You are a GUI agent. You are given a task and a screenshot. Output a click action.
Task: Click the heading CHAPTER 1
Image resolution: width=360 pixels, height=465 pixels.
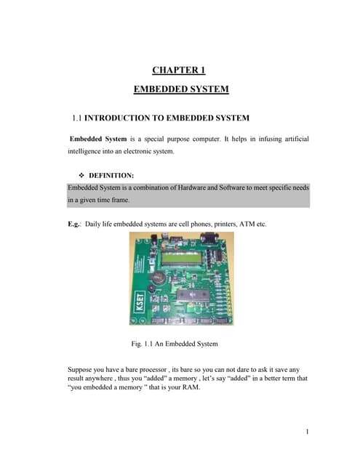179,70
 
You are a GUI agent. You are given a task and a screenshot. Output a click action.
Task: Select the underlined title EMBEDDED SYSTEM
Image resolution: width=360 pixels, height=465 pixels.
181,89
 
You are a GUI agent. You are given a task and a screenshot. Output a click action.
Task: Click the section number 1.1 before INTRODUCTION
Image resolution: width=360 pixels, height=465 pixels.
77,118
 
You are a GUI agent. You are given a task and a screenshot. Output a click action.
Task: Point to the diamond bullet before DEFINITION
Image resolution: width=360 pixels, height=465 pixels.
81,175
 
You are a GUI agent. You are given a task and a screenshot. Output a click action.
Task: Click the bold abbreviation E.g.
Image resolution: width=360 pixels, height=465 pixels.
74,225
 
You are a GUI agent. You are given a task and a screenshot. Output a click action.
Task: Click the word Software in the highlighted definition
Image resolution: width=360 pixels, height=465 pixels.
231,187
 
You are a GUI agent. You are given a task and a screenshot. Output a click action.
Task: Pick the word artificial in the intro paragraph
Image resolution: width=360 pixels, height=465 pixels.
297,139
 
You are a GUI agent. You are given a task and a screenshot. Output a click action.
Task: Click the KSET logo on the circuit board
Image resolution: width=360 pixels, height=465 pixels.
140,302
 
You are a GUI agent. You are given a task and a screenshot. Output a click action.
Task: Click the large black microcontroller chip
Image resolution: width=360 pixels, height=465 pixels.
193,296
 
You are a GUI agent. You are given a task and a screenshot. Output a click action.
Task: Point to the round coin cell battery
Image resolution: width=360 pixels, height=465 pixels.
156,278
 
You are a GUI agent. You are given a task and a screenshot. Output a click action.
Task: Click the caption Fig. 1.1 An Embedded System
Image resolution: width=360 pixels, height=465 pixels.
175,344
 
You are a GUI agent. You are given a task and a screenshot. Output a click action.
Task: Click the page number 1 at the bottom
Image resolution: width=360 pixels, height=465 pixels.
307,432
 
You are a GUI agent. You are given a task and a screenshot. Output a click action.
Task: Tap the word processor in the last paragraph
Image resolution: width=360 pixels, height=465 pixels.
153,370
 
